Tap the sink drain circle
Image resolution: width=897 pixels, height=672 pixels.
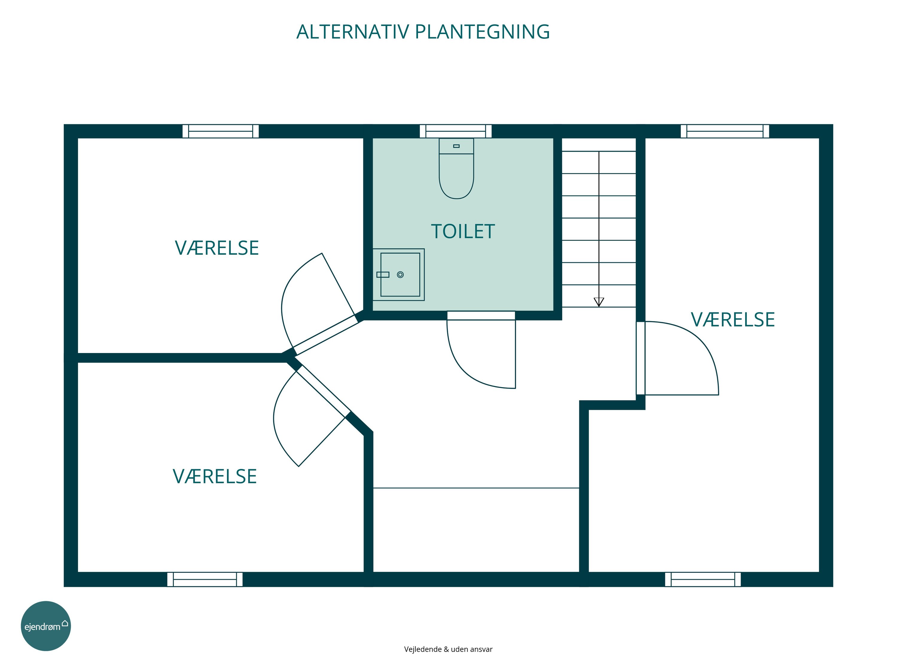(400, 275)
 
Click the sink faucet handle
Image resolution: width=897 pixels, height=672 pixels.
(383, 275)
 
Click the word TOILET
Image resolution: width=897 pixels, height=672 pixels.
(463, 232)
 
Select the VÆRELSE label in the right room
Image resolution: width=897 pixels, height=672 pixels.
(733, 320)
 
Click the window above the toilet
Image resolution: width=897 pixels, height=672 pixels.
(456, 131)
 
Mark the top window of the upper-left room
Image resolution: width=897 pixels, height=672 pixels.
(221, 131)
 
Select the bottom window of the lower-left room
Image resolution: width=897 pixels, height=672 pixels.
(205, 579)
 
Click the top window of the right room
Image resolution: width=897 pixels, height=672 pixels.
(725, 131)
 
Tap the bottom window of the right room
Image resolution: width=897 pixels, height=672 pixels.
(703, 579)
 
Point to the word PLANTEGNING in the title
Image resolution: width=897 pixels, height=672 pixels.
(483, 32)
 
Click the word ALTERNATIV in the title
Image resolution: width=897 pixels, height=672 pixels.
(353, 32)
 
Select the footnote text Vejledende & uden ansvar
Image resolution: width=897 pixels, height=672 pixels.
(448, 649)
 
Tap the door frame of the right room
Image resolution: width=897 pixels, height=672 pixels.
(641, 358)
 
